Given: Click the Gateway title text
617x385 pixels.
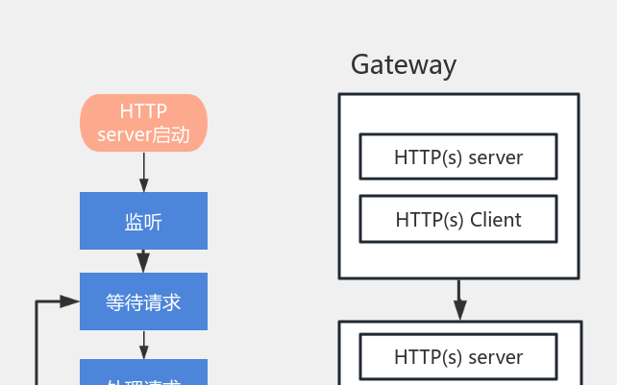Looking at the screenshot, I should [403, 65].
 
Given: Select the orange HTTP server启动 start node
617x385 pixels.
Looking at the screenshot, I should [143, 123].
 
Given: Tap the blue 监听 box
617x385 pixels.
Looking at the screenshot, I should [143, 221].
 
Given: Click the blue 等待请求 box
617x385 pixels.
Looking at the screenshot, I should [143, 301].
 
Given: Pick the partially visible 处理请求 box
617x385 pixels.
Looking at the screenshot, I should [143, 374].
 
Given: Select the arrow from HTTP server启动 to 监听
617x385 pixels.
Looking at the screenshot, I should [143, 173].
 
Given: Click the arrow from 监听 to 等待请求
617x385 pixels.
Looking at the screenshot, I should [143, 260].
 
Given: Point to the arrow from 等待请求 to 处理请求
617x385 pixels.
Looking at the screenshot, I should [143, 345].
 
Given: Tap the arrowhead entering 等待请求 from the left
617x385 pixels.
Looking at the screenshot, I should [69, 301].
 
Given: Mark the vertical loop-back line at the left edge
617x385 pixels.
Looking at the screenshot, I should [37, 346].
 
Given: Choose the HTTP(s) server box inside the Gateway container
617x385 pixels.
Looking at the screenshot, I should [458, 157].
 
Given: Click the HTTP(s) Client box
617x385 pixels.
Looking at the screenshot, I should [458, 220].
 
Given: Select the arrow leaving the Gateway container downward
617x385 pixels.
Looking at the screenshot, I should [459, 300].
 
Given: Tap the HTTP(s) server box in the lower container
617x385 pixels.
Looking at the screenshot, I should [458, 357].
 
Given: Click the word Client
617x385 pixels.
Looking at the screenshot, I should [496, 220].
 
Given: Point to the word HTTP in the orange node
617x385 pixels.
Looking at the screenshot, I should [143, 111].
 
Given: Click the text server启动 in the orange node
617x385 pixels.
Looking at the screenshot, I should [143, 135].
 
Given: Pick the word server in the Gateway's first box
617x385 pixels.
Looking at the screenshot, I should [496, 157].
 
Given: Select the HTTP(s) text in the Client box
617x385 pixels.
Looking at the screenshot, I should [430, 220].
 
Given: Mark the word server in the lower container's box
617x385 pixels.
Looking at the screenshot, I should [496, 357].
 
